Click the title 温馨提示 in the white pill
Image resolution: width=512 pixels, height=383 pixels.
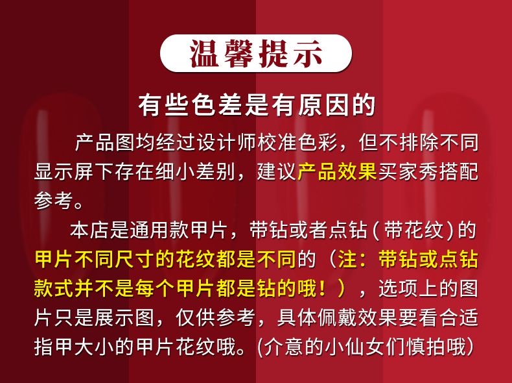[x=255, y=53]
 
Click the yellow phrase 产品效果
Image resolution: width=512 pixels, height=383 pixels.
[x=337, y=171]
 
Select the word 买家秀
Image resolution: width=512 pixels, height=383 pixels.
[x=408, y=171]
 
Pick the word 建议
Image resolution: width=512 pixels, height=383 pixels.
[x=277, y=171]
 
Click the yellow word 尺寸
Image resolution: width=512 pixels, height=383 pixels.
[x=135, y=260]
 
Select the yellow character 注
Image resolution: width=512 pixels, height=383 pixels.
[x=348, y=260]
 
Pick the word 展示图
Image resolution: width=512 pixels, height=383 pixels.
[x=124, y=317]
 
